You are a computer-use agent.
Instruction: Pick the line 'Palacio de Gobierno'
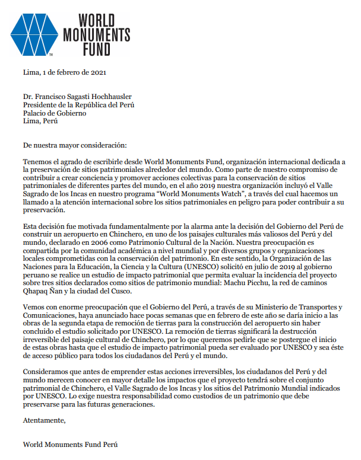click(x=55, y=113)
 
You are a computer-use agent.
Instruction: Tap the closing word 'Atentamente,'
click(x=44, y=421)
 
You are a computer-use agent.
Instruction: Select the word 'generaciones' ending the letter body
click(x=132, y=405)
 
